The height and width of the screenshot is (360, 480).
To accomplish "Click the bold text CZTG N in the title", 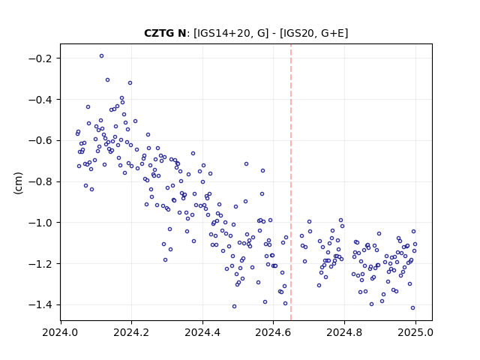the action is coord(165,33).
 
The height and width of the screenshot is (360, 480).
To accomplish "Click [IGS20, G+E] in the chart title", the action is coord(314,33).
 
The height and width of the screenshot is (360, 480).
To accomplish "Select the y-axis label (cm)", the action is coord(18,183).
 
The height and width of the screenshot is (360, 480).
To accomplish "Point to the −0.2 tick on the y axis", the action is coord(42,58).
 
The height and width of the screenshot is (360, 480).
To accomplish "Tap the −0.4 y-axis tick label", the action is coord(42,100).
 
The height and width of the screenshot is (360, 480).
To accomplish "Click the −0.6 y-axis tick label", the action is coord(42,140).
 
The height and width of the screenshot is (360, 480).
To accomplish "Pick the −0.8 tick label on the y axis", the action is coord(42,181).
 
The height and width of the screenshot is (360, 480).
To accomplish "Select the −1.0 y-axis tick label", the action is coord(42,223).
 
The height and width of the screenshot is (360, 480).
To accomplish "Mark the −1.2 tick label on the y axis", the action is coord(42,263).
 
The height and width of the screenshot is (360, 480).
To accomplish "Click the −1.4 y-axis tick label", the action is coord(42,304).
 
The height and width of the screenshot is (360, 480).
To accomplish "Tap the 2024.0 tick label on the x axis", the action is coord(60,332).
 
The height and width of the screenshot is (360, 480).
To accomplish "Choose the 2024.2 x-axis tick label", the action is coord(131,332).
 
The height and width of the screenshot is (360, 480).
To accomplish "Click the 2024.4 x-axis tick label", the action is coord(202,332).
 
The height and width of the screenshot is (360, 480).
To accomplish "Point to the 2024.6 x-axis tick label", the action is coord(273,332).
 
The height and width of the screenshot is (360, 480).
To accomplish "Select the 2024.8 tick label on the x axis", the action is coord(344,332).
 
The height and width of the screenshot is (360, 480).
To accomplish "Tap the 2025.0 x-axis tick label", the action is coord(415,332).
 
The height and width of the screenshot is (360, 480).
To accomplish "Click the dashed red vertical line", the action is coord(291,182).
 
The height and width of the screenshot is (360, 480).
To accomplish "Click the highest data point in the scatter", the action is coord(102,56).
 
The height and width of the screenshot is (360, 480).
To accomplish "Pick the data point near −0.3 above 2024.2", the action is coord(130,83).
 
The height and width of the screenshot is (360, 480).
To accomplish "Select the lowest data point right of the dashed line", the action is coord(412,308).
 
